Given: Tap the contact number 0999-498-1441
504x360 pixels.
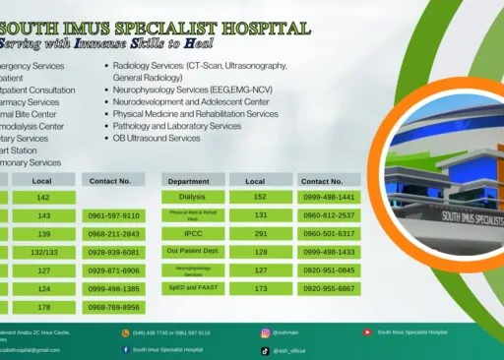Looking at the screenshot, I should pyautogui.click(x=329, y=198).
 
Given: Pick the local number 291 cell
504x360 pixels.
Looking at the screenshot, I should pyautogui.click(x=261, y=234).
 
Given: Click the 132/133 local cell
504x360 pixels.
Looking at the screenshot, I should pyautogui.click(x=43, y=252).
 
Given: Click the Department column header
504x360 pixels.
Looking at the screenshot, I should pyautogui.click(x=189, y=181).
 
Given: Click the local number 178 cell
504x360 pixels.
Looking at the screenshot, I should pyautogui.click(x=43, y=307).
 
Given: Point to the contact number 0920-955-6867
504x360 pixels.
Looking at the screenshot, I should pyautogui.click(x=329, y=289).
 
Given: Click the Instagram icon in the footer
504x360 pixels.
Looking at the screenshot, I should pyautogui.click(x=266, y=332).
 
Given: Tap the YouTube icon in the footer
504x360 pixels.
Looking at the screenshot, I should pyautogui.click(x=368, y=332).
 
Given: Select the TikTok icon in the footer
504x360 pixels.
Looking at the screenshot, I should pyautogui.click(x=266, y=350).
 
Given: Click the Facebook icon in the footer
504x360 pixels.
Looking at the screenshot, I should pyautogui.click(x=125, y=349).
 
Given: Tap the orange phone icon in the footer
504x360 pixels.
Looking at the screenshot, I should pyautogui.click(x=125, y=332).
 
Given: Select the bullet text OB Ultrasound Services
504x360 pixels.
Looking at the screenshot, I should pyautogui.click(x=157, y=139).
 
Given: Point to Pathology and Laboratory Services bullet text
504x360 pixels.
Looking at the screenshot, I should pyautogui.click(x=177, y=126).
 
